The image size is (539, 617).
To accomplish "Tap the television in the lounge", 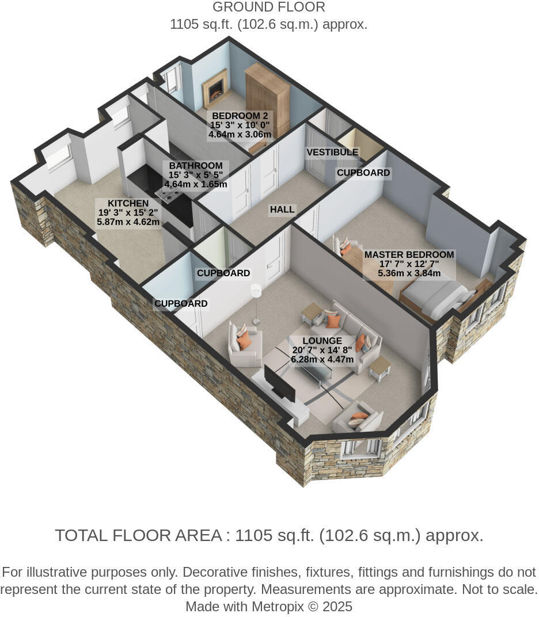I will [x=279, y=383].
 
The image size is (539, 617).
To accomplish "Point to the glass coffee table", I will [x=314, y=371].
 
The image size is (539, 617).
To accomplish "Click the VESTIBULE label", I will [x=332, y=153].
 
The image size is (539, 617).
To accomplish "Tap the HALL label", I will [x=282, y=210].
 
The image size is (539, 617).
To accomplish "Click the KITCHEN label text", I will [x=128, y=203].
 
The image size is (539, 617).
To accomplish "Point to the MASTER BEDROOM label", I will [x=409, y=254].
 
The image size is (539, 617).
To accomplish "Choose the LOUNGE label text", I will [x=322, y=341].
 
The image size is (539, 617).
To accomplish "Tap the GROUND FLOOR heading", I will [x=268, y=7].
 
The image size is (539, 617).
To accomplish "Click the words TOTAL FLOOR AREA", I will [x=138, y=536].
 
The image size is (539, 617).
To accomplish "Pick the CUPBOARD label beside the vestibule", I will [x=363, y=173].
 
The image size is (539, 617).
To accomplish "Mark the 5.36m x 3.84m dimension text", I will [x=409, y=273].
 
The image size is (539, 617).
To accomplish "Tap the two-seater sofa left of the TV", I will [x=245, y=345].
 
